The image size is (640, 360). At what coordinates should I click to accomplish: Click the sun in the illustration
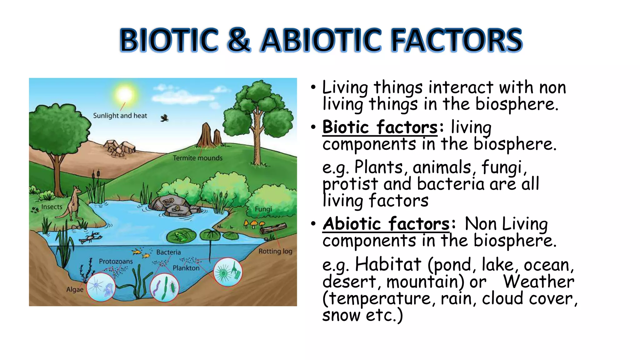coord(124,94)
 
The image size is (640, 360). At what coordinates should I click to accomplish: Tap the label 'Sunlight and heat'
coord(120,116)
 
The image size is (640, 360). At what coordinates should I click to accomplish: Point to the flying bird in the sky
coord(165,118)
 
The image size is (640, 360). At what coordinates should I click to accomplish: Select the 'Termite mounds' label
coord(197,158)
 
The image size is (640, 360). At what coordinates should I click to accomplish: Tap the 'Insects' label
coord(52,207)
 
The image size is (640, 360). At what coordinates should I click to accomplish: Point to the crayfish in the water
coord(91,237)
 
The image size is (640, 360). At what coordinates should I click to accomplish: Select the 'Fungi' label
coord(263,209)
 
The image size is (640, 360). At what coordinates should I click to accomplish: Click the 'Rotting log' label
coord(275,251)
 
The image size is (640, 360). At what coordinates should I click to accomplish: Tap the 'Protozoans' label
coord(116,261)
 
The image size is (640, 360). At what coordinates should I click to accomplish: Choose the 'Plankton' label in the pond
coord(186,268)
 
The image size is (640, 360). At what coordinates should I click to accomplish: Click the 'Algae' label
coord(75,290)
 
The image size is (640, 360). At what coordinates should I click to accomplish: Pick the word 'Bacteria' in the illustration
coord(168,252)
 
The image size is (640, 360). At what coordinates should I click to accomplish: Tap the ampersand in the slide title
coord(239,40)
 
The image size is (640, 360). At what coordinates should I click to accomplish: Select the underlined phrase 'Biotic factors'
coord(380,127)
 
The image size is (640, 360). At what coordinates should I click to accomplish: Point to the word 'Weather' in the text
coord(538,281)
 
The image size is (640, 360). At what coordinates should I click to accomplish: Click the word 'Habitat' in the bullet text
coord(388,264)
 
